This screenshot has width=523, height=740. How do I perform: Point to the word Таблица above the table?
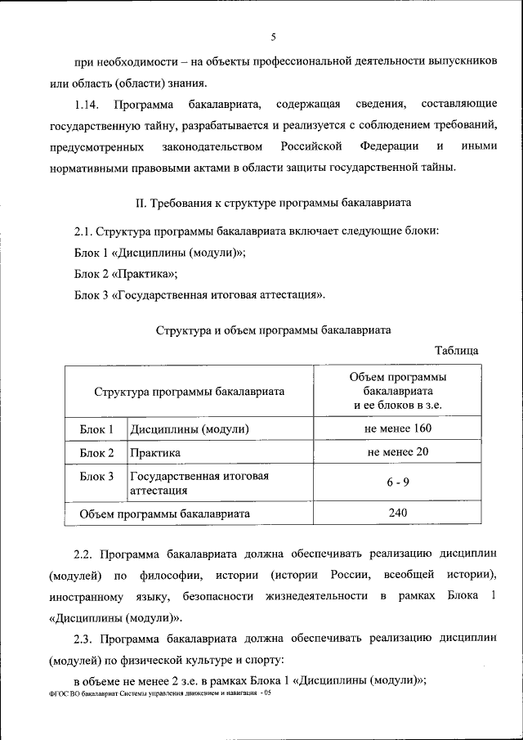pyautogui.click(x=457, y=350)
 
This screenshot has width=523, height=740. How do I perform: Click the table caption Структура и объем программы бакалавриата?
pyautogui.click(x=272, y=330)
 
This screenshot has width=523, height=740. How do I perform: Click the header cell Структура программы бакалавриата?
pyautogui.click(x=189, y=391)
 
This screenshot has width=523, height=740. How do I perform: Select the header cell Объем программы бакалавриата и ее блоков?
pyautogui.click(x=398, y=391)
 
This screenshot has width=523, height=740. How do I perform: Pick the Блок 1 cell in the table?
pyautogui.click(x=96, y=429)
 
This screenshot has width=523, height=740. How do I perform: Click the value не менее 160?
pyautogui.click(x=398, y=428)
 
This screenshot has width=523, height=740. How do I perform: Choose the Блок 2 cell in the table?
pyautogui.click(x=96, y=452)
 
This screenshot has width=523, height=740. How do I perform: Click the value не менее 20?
pyautogui.click(x=398, y=451)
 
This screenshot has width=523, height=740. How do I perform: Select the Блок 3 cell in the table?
pyautogui.click(x=96, y=476)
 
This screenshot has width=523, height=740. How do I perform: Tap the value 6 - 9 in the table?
pyautogui.click(x=398, y=482)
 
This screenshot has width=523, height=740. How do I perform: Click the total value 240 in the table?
pyautogui.click(x=398, y=513)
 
